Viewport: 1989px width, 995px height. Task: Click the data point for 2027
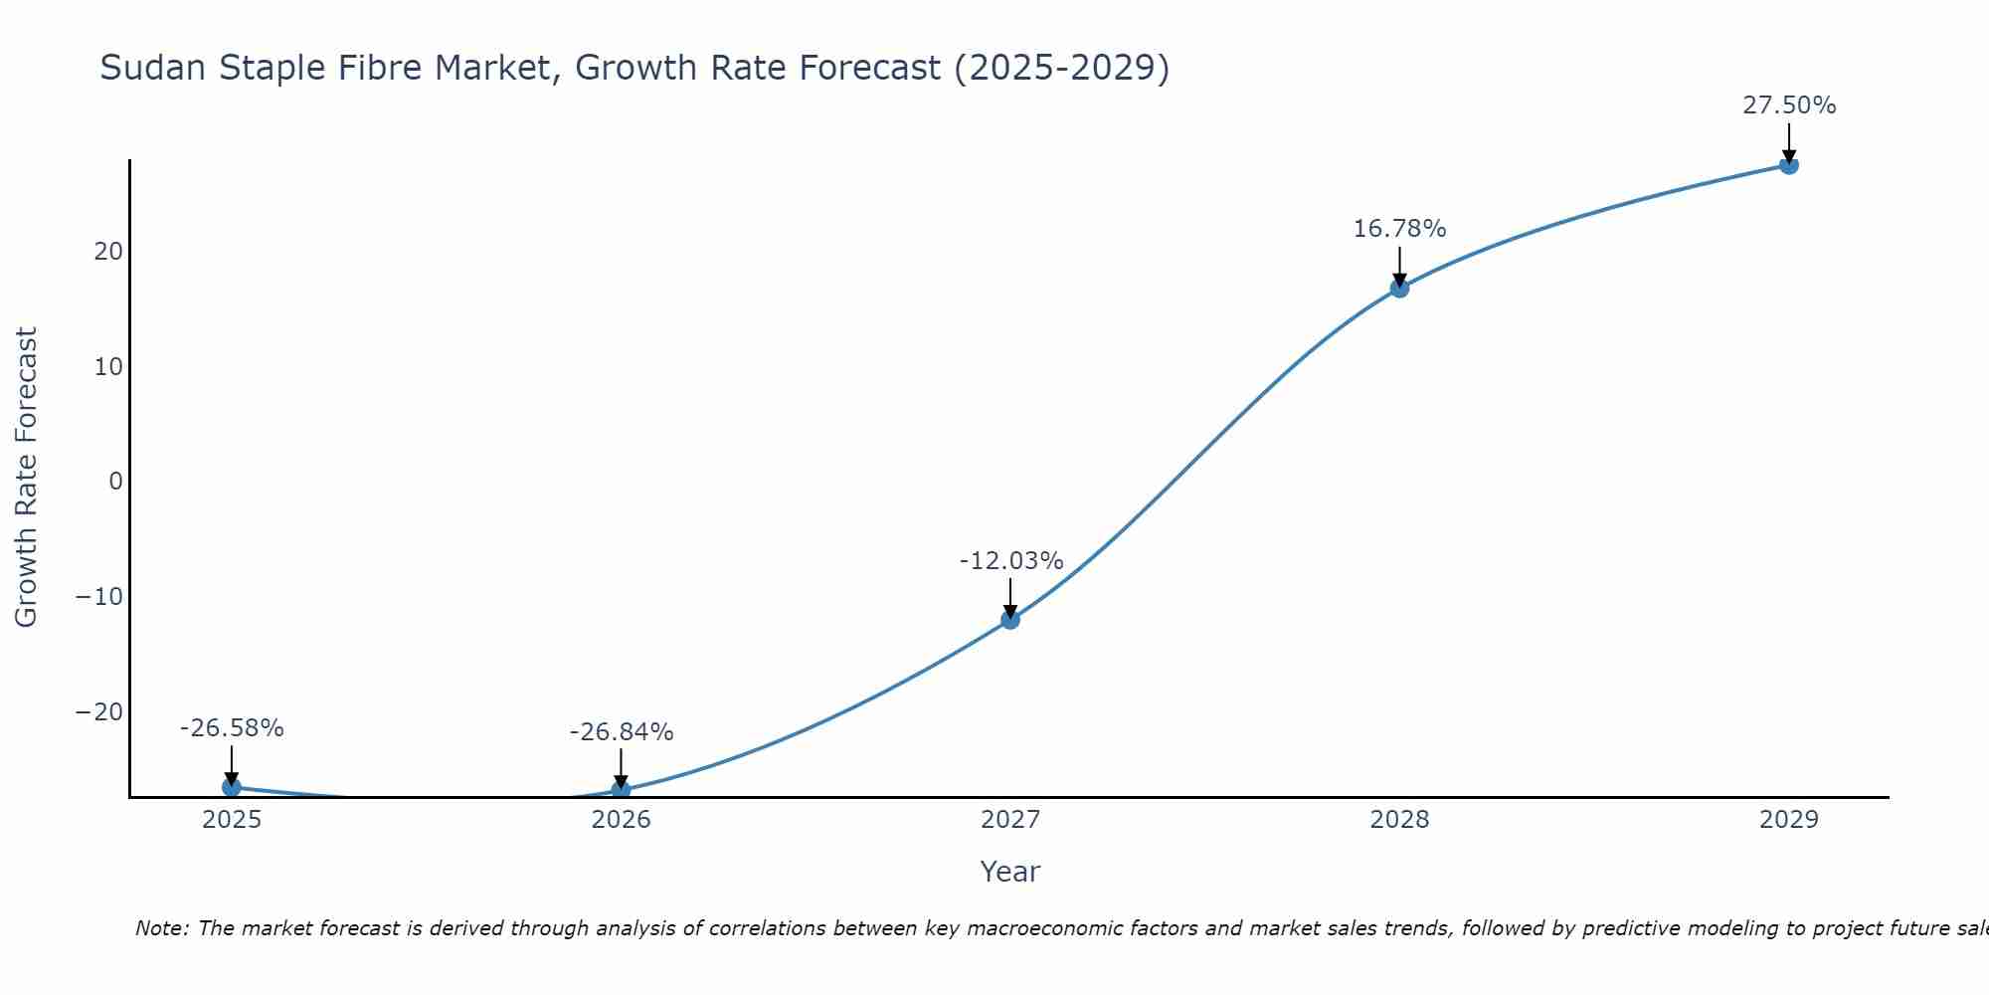(1009, 619)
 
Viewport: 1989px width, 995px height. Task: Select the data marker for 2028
(1399, 288)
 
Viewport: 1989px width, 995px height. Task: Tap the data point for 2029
(1788, 165)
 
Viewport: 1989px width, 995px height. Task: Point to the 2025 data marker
(232, 787)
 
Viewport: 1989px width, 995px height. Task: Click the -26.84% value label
(622, 732)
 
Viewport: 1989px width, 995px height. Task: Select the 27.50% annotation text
(1788, 105)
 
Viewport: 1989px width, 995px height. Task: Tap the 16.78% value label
(1399, 229)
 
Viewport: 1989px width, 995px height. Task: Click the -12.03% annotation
(1010, 561)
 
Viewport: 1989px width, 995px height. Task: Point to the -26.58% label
(232, 728)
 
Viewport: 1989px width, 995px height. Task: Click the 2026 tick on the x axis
(621, 820)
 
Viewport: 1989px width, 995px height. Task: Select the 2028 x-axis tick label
(1399, 820)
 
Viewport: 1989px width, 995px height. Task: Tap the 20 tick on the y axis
(108, 252)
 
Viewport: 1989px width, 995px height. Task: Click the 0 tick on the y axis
(116, 482)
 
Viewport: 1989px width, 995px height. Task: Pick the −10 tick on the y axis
(99, 597)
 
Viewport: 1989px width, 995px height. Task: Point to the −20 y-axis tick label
(99, 712)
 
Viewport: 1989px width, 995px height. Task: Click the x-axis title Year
(1009, 872)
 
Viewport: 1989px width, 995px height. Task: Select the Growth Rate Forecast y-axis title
(26, 478)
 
